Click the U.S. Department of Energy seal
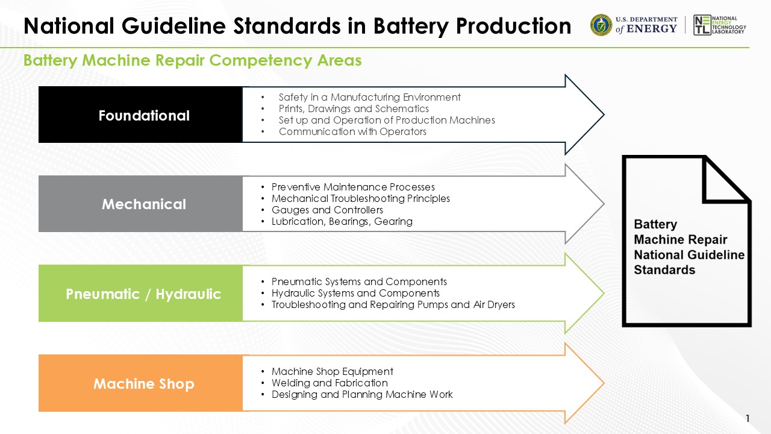pyautogui.click(x=601, y=25)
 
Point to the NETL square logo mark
pyautogui.click(x=701, y=25)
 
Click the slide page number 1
pyautogui.click(x=748, y=418)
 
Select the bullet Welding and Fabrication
pyautogui.click(x=329, y=383)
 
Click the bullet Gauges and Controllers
pyautogui.click(x=327, y=210)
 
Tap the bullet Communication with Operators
pyautogui.click(x=352, y=131)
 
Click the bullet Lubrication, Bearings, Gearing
pyautogui.click(x=342, y=221)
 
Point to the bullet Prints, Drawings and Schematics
pyautogui.click(x=354, y=108)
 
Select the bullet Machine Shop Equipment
pyautogui.click(x=332, y=371)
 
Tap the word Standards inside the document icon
pyautogui.click(x=664, y=270)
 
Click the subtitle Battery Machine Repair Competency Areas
pyautogui.click(x=192, y=60)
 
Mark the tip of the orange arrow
pyautogui.click(x=603, y=383)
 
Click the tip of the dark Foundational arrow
pyautogui.click(x=603, y=115)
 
